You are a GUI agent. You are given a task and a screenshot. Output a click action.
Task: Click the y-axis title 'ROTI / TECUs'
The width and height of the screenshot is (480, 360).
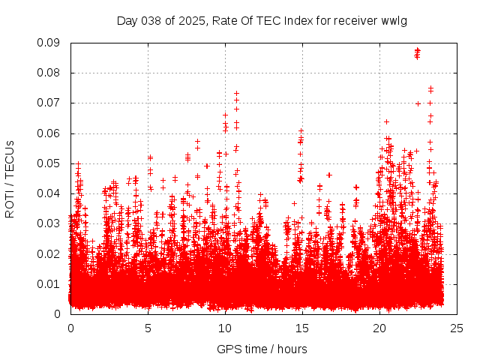pyautogui.click(x=10, y=178)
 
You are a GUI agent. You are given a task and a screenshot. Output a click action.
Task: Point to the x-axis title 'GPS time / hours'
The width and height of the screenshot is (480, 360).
pyautogui.click(x=262, y=349)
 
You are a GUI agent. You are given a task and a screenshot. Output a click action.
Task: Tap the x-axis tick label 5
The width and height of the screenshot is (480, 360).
pyautogui.click(x=148, y=328)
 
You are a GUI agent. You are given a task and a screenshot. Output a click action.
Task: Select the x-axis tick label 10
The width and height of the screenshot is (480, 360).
pyautogui.click(x=225, y=328)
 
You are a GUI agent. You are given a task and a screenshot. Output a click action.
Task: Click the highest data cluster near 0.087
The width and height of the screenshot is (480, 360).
pyautogui.click(x=417, y=52)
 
